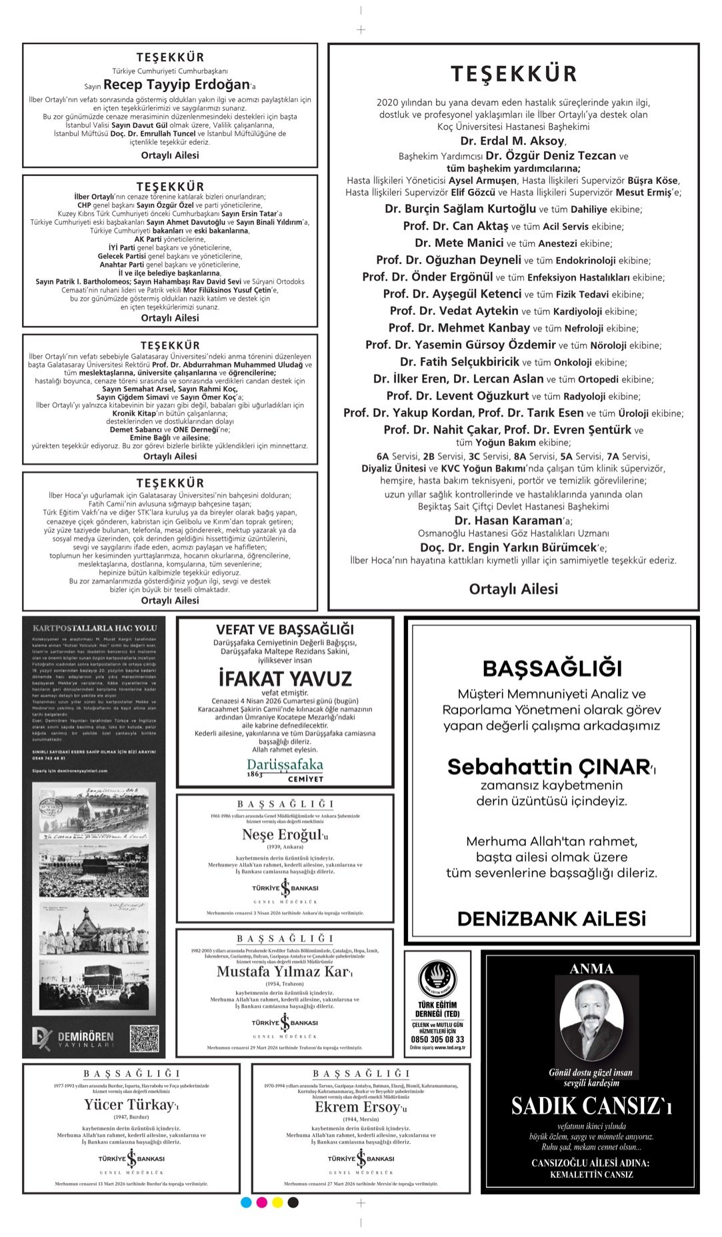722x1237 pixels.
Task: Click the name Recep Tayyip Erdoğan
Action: [x=176, y=85]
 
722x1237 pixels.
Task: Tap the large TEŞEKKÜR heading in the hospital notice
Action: [x=513, y=73]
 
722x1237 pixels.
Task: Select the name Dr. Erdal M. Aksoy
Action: [x=512, y=141]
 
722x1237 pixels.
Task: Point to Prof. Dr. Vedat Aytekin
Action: [x=453, y=311]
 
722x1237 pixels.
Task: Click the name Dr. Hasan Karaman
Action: [x=509, y=520]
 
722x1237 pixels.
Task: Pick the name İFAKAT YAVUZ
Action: [x=285, y=678]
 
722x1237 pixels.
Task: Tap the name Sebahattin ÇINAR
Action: [x=548, y=767]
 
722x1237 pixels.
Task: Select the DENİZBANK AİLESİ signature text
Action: [x=551, y=919]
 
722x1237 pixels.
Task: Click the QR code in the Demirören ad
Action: [x=144, y=1038]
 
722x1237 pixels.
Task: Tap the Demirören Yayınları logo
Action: [x=73, y=1038]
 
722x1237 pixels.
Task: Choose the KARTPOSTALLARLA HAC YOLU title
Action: [x=94, y=628]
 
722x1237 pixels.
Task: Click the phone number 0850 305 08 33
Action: [x=437, y=1039]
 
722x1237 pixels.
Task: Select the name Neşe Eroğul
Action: [x=282, y=835]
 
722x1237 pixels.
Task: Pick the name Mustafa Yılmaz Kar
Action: [x=282, y=972]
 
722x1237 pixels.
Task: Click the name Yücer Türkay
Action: [x=129, y=1105]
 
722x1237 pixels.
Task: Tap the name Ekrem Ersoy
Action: [x=358, y=1107]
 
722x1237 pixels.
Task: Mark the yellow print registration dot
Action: [x=277, y=1202]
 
